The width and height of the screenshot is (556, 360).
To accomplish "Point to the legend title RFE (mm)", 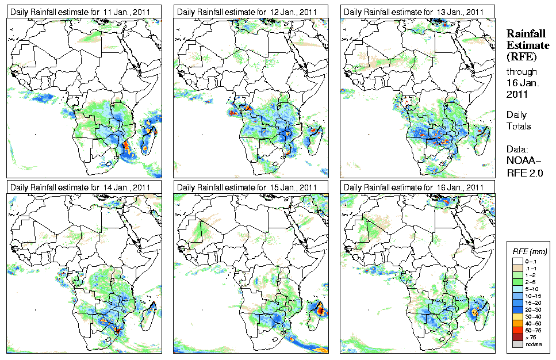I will pyautogui.click(x=530, y=251).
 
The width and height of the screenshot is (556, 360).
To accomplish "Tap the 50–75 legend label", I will pyautogui.click(x=535, y=330).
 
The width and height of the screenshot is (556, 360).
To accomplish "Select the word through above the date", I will pyautogui.click(x=522, y=71).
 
